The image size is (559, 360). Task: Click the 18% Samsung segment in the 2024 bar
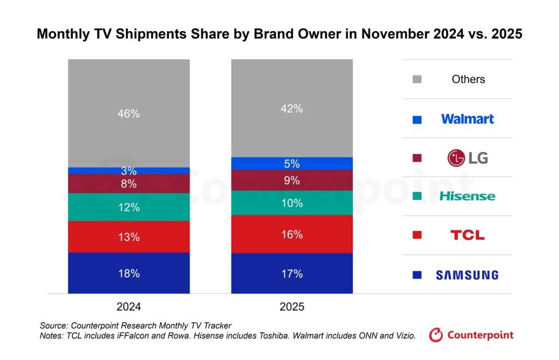(129, 273)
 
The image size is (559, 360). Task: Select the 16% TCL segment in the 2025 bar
(292, 234)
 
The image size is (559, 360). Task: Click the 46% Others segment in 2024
(129, 114)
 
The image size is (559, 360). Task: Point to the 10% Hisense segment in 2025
(292, 203)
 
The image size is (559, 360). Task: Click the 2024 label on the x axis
(129, 306)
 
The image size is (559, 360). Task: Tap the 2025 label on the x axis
(292, 306)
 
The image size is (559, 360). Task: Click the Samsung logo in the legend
(467, 275)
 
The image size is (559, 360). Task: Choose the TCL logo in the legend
(467, 235)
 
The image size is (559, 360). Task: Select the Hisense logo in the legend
(467, 196)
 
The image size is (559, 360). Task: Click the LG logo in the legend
(467, 158)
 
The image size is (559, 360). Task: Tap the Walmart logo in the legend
(467, 119)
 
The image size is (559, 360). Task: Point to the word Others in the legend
(468, 79)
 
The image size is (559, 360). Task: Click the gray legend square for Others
(417, 80)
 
